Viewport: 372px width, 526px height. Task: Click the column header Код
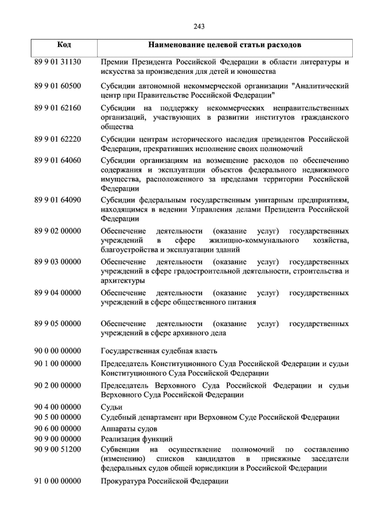65,45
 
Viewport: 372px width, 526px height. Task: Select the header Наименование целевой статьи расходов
225,45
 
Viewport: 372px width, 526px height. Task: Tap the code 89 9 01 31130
58,62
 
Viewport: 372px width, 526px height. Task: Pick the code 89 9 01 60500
58,86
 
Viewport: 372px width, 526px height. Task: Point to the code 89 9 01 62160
58,108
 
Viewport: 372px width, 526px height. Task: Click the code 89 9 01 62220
58,139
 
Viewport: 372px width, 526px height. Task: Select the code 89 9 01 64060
58,160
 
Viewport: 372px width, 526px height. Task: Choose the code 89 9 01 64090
58,200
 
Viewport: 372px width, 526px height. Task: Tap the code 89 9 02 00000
58,231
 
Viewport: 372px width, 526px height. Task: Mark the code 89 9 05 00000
58,323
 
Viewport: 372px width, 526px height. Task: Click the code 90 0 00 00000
58,350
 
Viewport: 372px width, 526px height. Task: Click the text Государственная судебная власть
159,350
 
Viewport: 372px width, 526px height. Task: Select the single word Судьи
112,407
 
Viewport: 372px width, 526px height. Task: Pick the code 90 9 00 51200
58,449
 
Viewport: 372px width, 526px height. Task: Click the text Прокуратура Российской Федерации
164,481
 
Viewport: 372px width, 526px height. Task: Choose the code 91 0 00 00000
58,481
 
